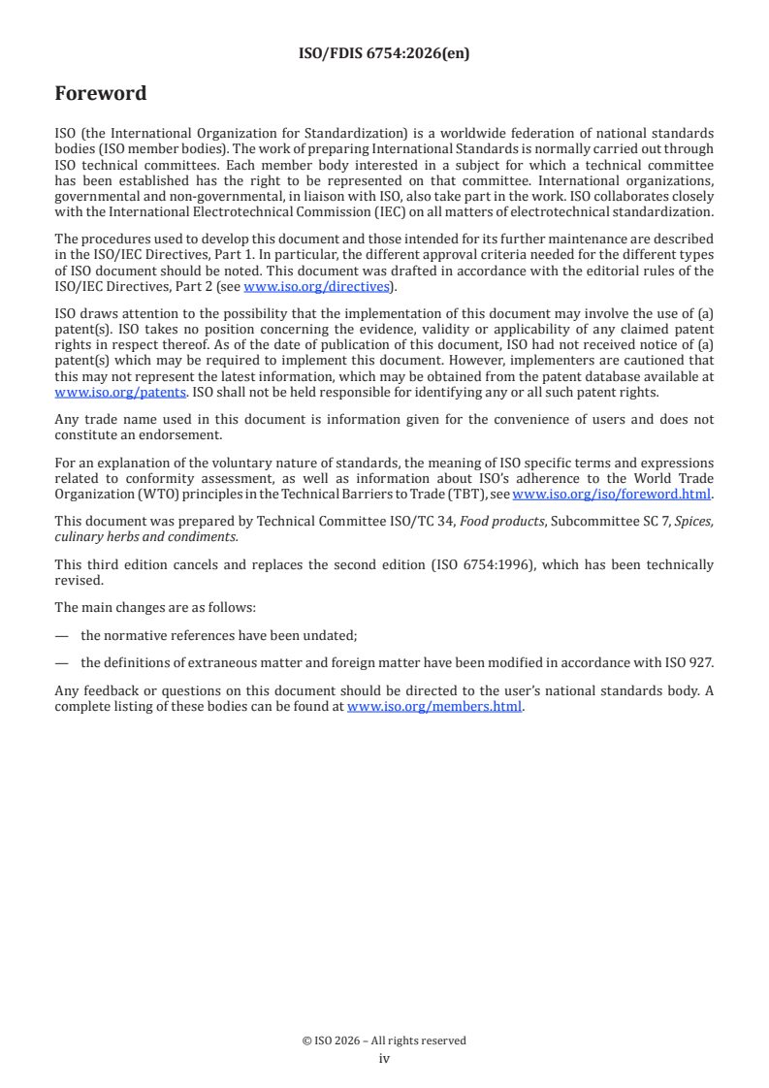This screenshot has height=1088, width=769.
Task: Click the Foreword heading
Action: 101,94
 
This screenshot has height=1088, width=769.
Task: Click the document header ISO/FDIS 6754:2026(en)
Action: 384,54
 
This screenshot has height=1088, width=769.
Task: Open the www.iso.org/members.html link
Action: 434,706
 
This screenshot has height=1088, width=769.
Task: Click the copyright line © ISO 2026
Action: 384,1040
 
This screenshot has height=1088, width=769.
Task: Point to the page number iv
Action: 384,1059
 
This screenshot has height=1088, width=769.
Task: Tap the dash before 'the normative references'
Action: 62,634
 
